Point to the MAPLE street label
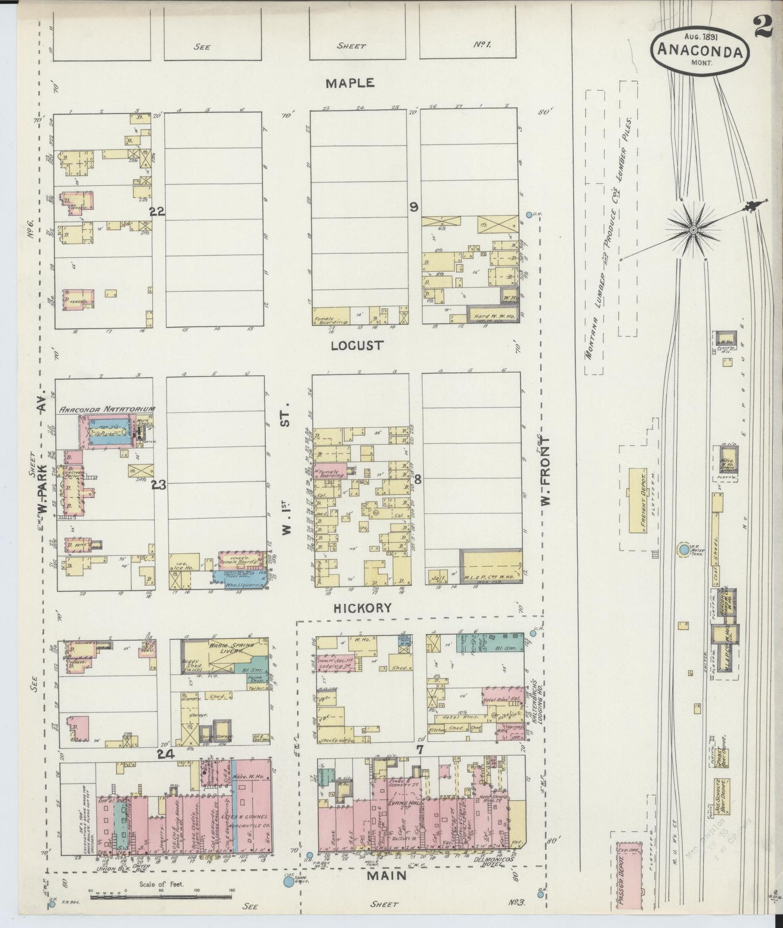(x=350, y=83)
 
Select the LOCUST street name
(x=357, y=345)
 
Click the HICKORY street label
(x=362, y=608)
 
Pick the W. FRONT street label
(x=546, y=471)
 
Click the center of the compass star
(x=693, y=231)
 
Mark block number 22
(x=157, y=212)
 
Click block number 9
(x=413, y=206)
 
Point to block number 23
(x=159, y=485)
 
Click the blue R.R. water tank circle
(x=684, y=550)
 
